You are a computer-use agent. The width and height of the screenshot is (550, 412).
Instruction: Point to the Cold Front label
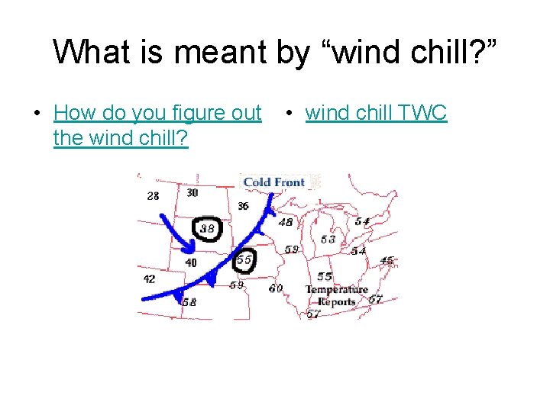(x=273, y=182)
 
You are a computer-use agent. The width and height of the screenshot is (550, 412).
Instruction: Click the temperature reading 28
(x=154, y=196)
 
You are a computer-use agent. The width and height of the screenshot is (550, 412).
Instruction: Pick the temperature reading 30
(x=192, y=192)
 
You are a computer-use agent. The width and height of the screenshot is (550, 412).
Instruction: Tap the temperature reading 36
(x=243, y=206)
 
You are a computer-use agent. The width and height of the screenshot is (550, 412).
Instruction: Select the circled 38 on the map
(x=206, y=228)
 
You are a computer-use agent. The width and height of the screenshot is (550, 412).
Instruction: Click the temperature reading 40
(x=190, y=262)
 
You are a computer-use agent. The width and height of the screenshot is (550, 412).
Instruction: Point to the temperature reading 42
(x=149, y=279)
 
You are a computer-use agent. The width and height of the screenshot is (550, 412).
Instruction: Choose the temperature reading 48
(x=285, y=222)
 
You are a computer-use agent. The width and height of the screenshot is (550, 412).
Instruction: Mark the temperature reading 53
(x=328, y=240)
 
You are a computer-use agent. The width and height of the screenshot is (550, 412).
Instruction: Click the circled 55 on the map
(x=244, y=259)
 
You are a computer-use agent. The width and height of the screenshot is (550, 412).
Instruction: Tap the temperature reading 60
(x=275, y=288)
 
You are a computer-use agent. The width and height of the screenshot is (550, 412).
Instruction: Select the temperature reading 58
(x=189, y=302)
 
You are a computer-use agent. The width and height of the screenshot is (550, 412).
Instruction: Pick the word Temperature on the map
(x=336, y=289)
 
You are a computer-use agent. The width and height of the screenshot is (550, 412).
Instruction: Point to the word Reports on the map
(x=336, y=301)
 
